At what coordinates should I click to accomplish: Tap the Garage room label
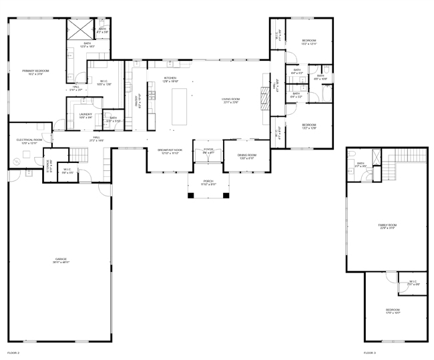tap(61, 260)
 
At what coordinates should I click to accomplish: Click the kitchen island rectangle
tap(180, 106)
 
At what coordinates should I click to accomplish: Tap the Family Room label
tap(387, 226)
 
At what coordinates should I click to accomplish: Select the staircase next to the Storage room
tap(79, 155)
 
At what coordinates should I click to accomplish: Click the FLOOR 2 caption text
tap(13, 352)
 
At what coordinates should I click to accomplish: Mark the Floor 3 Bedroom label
tap(392, 311)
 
